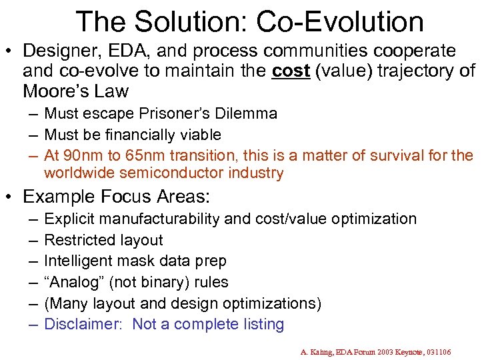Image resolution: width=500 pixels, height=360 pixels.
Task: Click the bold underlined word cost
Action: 291,71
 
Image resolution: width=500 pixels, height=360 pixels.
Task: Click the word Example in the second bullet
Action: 59,197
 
